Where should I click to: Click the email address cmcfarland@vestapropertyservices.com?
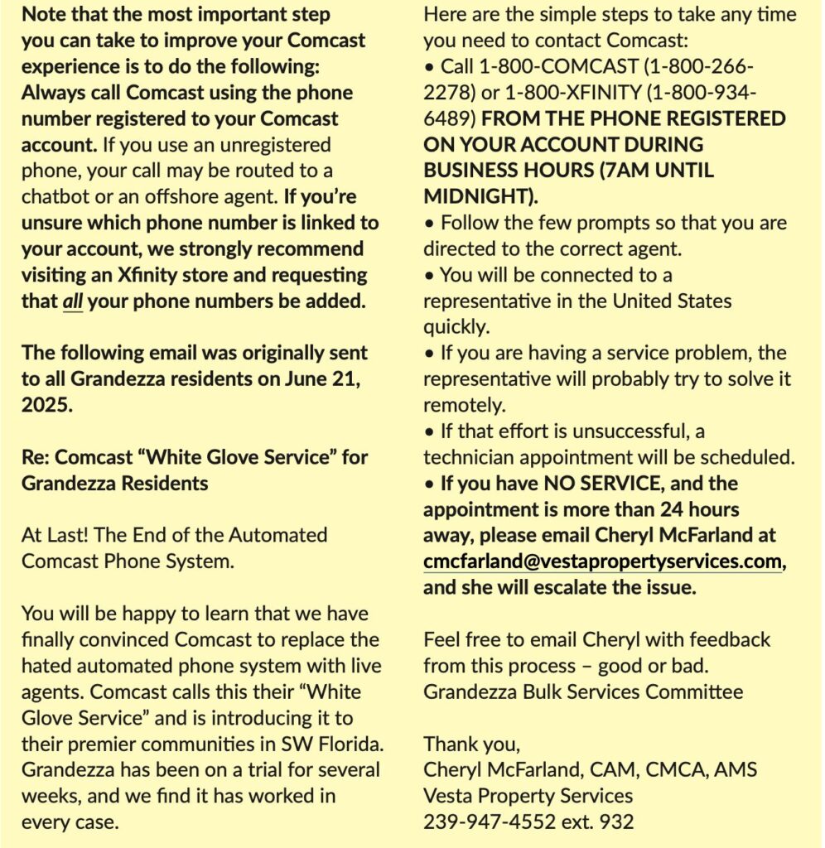click(x=602, y=562)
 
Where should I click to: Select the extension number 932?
click(x=617, y=822)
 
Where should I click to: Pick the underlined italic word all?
click(x=72, y=301)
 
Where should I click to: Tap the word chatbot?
click(x=58, y=196)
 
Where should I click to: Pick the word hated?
click(x=46, y=666)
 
